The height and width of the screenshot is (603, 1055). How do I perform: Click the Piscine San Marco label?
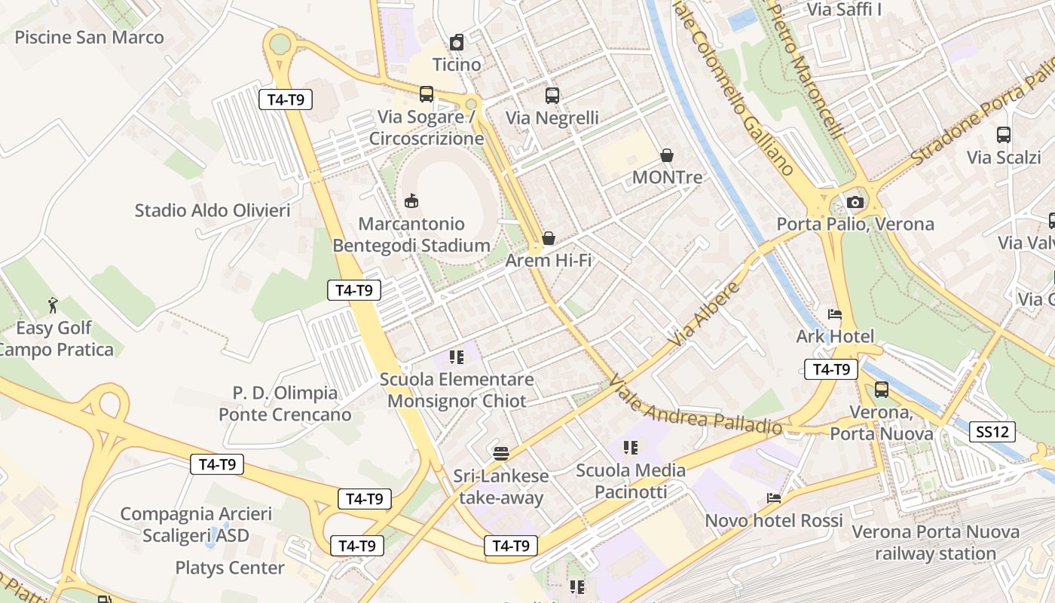pos(89,37)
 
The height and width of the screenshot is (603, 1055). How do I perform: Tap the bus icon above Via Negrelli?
pos(552,96)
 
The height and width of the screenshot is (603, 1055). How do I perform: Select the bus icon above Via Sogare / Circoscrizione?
pos(427,94)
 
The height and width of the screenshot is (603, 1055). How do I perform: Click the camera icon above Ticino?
pos(457,42)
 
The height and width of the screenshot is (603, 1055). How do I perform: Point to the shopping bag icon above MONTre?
pos(667,155)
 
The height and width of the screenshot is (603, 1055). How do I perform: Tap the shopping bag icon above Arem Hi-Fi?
pos(549,238)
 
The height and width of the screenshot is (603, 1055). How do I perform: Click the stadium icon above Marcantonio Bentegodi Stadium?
pos(411,201)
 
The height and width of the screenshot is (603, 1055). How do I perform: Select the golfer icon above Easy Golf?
pos(53,305)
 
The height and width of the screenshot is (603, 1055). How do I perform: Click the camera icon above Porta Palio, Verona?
pos(855,202)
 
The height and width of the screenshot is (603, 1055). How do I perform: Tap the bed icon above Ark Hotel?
pos(834,314)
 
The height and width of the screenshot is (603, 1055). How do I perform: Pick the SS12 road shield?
pos(992,432)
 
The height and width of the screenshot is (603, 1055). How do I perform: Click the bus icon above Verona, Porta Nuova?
pos(881,390)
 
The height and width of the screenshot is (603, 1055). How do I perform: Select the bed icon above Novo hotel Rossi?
pos(773,498)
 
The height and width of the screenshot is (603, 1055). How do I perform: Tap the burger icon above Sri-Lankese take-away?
pos(501,453)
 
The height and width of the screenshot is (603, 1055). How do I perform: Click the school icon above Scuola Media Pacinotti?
pos(631,448)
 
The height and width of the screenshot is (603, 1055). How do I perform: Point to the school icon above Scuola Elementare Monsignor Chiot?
pos(457,357)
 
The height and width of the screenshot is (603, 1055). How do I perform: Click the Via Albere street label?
pos(704,315)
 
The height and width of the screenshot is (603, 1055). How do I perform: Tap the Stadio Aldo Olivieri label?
pos(212,210)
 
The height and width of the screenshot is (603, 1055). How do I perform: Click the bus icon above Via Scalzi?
pos(1003,135)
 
